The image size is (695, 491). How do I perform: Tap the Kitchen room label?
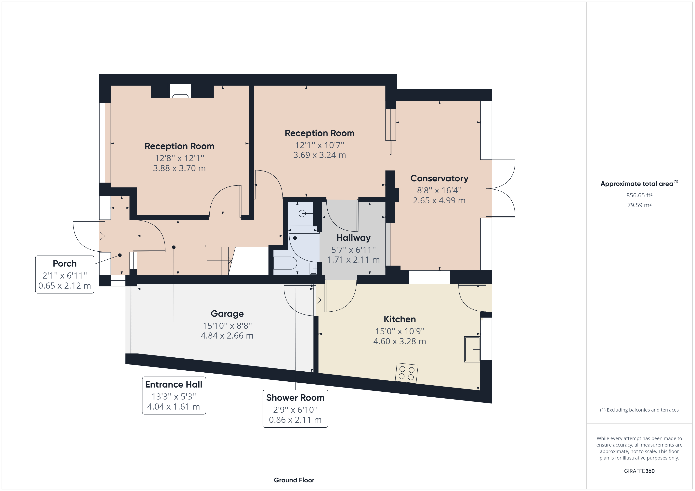[x=400, y=319]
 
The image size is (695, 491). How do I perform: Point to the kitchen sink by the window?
[x=472, y=349]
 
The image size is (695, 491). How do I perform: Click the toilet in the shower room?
[x=284, y=263]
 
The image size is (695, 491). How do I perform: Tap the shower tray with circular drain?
[x=300, y=213]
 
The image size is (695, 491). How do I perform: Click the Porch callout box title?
[x=64, y=264]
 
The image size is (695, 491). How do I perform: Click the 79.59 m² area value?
[x=639, y=205]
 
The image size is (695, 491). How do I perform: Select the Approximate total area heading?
[x=637, y=184]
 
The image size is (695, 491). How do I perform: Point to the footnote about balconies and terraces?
[x=639, y=410]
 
